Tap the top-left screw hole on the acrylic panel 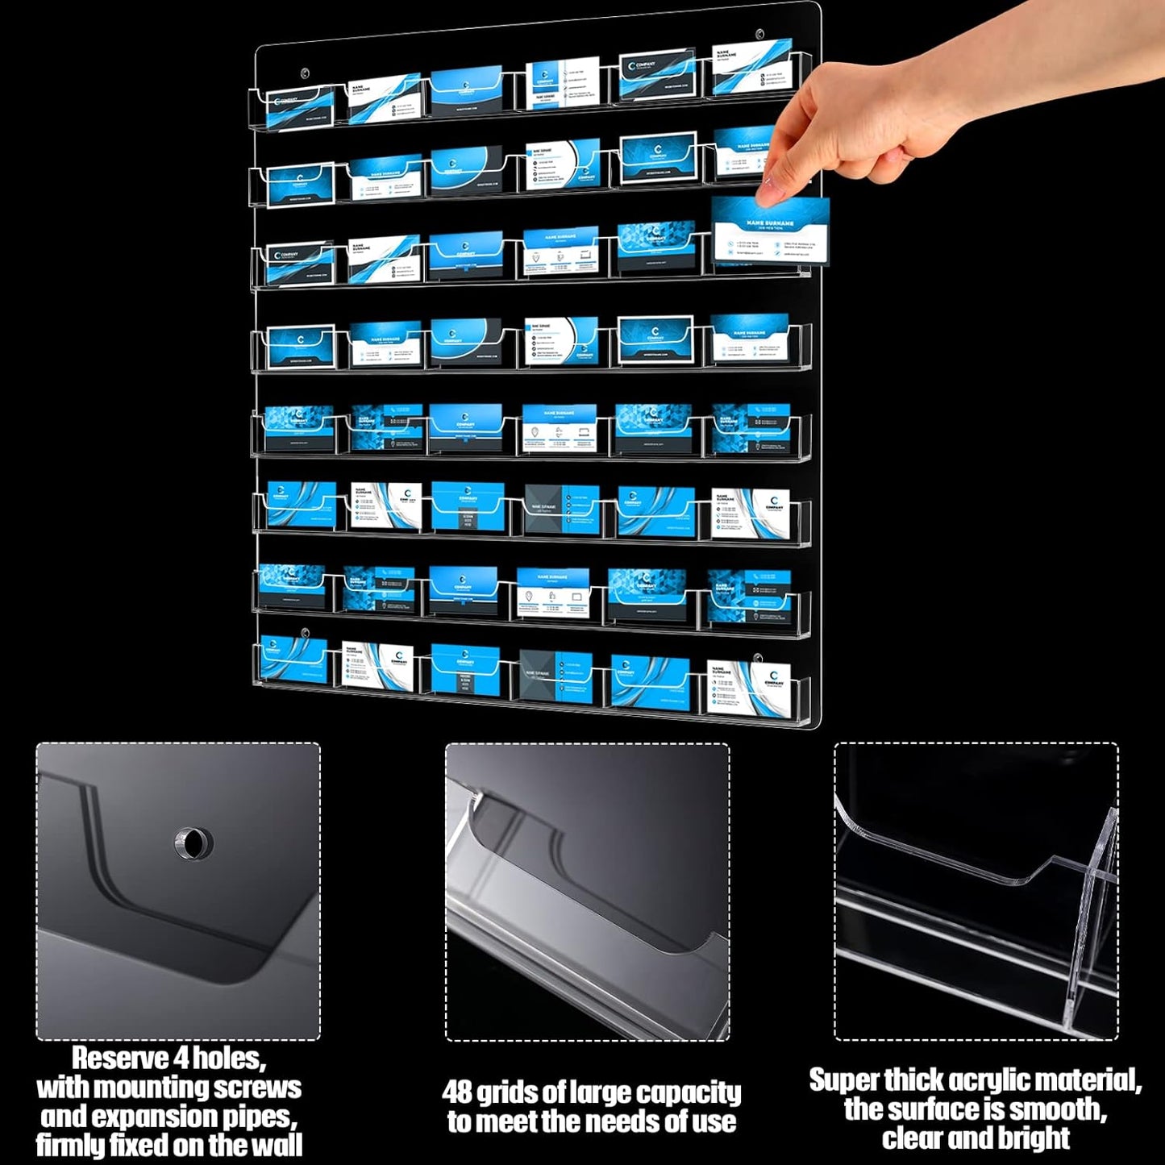click(305, 73)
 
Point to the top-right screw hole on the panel click(760, 35)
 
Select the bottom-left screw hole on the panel click(306, 633)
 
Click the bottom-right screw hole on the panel click(758, 659)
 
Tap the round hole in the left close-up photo click(193, 843)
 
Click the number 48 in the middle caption click(457, 1092)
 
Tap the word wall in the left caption click(276, 1145)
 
